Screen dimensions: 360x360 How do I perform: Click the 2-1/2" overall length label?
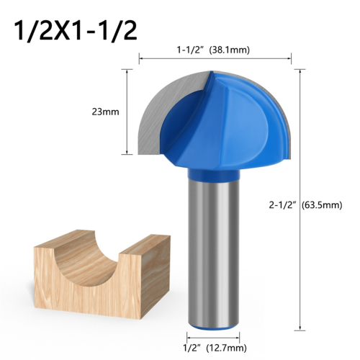(277, 204)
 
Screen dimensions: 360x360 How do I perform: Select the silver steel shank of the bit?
(215, 252)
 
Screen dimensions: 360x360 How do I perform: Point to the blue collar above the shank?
(215, 172)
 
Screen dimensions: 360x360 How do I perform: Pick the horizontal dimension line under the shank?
(215, 338)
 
